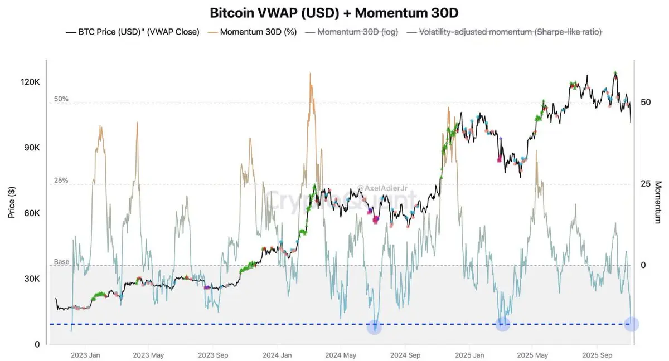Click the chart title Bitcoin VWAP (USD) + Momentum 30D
pyautogui.click(x=334, y=12)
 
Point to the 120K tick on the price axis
pyautogui.click(x=30, y=82)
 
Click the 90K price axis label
pyautogui.click(x=30, y=148)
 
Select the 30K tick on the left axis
pyautogui.click(x=30, y=279)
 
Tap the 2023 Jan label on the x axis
pyautogui.click(x=86, y=355)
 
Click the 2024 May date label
pyautogui.click(x=340, y=355)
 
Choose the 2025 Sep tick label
pyautogui.click(x=597, y=355)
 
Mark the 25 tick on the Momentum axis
pyautogui.click(x=646, y=184)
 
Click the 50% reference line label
pyautogui.click(x=61, y=99)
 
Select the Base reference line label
pyautogui.click(x=61, y=262)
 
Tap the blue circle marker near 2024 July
pyautogui.click(x=375, y=328)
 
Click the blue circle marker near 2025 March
pyautogui.click(x=503, y=324)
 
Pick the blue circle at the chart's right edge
pyautogui.click(x=631, y=324)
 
